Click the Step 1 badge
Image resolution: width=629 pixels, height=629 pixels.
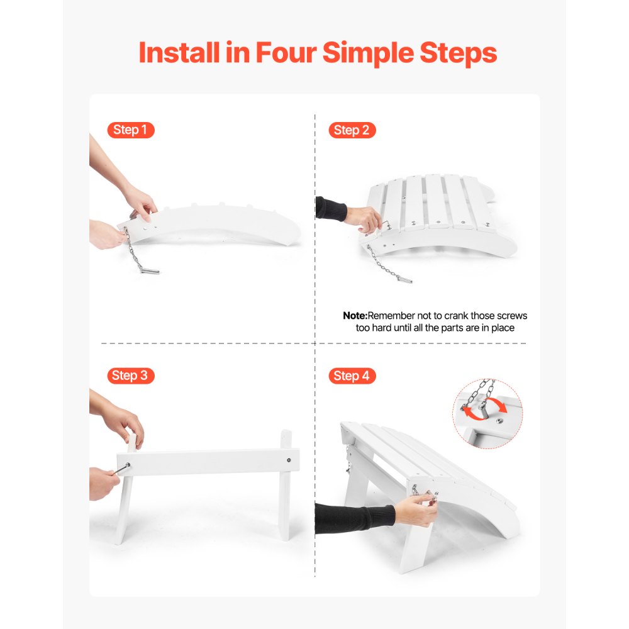[x=130, y=130]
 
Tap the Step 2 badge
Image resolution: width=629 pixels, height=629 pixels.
[x=352, y=130]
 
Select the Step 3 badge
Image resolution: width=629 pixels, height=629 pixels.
[x=130, y=376]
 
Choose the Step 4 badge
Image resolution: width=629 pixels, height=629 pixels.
[x=352, y=376]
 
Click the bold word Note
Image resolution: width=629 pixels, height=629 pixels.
[x=354, y=316]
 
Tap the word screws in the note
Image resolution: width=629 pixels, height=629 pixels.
[x=512, y=316]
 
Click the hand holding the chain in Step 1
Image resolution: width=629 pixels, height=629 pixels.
[x=107, y=234]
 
